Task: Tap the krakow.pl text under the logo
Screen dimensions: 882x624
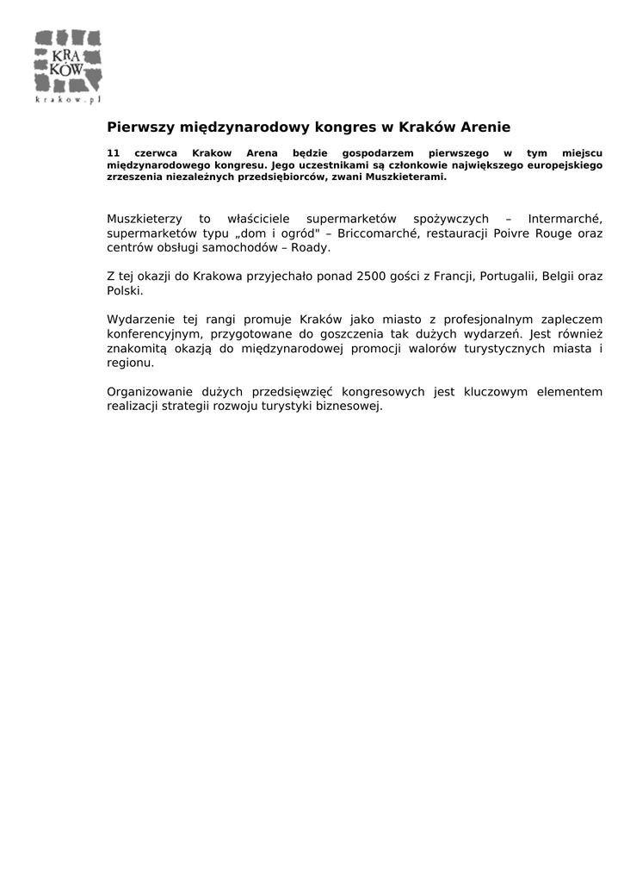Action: pyautogui.click(x=68, y=100)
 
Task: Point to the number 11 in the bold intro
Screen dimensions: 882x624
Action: pyautogui.click(x=113, y=152)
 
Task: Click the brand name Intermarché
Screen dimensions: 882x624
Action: pyautogui.click(x=565, y=219)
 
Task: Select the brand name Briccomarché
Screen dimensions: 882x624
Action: pyautogui.click(x=393, y=233)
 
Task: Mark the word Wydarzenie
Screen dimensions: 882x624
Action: pyautogui.click(x=140, y=320)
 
